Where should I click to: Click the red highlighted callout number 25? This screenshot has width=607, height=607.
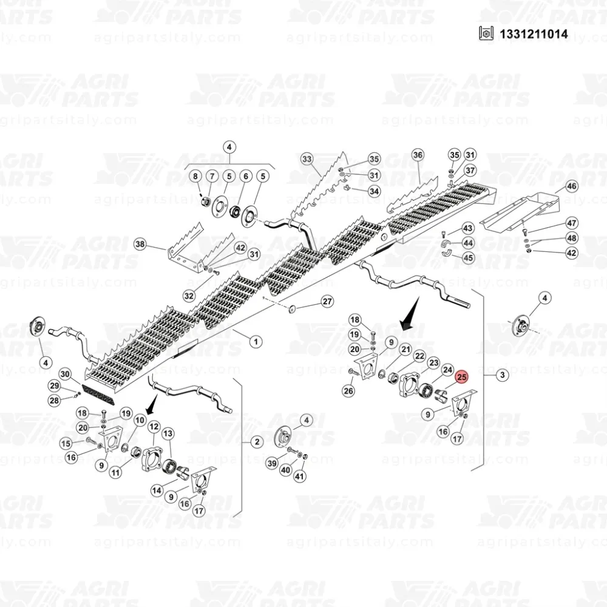[462, 377]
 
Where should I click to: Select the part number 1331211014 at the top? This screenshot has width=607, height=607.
[534, 34]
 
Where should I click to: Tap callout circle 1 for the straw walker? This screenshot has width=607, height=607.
[256, 342]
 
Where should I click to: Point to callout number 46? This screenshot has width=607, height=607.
[572, 186]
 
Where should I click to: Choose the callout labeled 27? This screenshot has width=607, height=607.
[328, 302]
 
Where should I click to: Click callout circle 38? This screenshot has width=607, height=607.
[140, 244]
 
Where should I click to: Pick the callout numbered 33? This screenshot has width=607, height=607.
[307, 159]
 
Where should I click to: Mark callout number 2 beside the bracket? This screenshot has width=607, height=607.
[257, 442]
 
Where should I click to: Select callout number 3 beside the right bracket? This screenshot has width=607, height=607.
[503, 375]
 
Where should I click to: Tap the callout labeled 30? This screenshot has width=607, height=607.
[65, 374]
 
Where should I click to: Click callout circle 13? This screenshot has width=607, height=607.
[168, 433]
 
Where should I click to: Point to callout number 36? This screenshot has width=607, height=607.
[418, 155]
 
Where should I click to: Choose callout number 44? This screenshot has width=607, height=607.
[469, 243]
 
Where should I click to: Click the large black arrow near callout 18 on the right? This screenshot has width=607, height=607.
[410, 314]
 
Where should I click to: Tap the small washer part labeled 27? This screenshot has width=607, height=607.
[292, 308]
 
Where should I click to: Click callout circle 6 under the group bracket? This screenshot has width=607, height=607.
[246, 177]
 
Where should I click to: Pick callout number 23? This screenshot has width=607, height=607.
[434, 363]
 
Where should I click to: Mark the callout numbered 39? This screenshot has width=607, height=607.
[272, 463]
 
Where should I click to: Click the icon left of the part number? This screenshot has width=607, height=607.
[486, 33]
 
